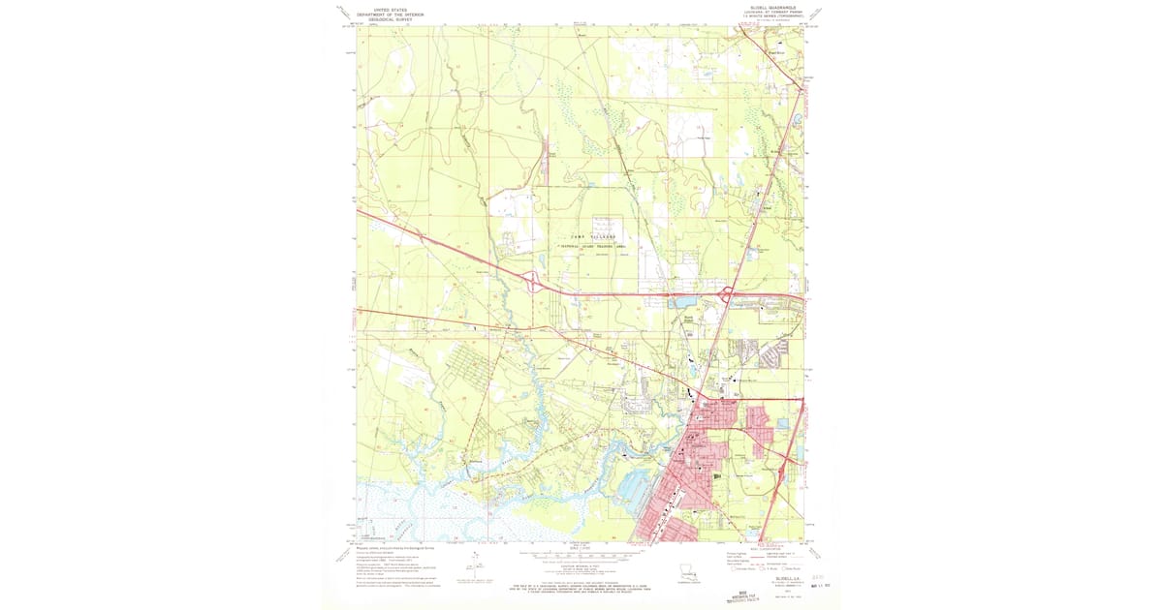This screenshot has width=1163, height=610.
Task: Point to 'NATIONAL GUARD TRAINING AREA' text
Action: pos(591,246)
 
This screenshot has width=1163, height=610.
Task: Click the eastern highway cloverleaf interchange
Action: pos(727,292)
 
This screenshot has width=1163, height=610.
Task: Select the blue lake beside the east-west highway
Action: pos(676,303)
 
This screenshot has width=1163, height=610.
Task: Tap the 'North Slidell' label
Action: pos(689,318)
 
